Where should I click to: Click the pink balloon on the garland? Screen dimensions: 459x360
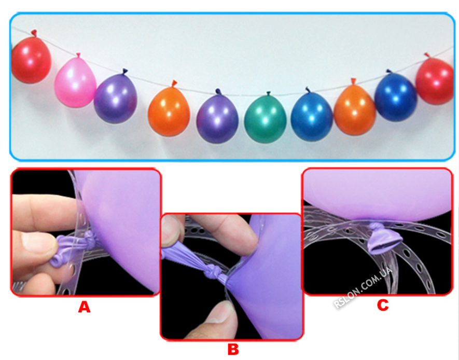[x=75, y=82]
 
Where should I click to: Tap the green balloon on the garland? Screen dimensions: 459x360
[x=265, y=118]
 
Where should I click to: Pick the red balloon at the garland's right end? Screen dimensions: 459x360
[x=435, y=80]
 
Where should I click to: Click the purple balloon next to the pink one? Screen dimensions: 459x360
[x=116, y=98]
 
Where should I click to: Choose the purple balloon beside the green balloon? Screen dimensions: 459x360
[x=217, y=118]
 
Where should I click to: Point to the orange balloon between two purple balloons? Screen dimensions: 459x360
[x=169, y=110]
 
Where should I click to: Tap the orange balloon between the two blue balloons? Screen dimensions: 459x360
[x=355, y=109]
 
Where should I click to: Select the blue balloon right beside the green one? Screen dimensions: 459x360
[x=312, y=116]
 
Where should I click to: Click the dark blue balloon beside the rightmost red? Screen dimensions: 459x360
[x=396, y=96]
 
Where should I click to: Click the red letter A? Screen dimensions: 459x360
[x=85, y=307]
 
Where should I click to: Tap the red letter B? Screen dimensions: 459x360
[x=233, y=349]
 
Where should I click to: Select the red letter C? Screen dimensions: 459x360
[x=383, y=305]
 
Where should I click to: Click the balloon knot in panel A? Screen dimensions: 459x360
[x=89, y=239]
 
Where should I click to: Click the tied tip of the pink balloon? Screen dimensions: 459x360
[x=78, y=55]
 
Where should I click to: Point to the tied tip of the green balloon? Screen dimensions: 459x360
[x=268, y=93]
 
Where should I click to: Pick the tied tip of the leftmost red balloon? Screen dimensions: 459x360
[x=34, y=33]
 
